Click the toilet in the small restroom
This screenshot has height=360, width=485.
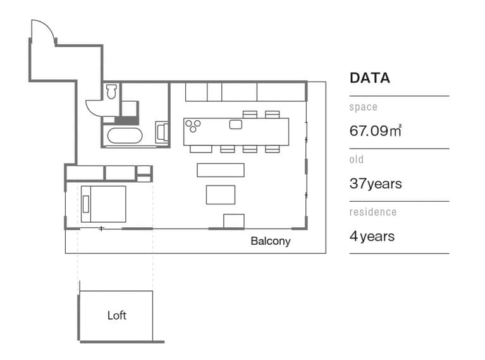tap(111, 91)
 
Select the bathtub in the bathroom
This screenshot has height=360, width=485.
tap(125, 135)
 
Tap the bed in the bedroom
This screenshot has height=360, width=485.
tap(103, 204)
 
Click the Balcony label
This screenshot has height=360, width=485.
tap(271, 241)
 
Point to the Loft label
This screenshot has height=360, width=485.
tap(117, 316)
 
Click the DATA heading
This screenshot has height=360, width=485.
tap(370, 78)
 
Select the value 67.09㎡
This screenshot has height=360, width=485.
tap(376, 130)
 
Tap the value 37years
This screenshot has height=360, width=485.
tap(376, 183)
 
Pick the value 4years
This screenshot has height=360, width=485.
tap(372, 236)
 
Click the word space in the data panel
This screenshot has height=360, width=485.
tap(363, 107)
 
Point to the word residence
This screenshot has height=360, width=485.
tap(373, 212)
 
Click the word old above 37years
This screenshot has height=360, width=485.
tap(357, 159)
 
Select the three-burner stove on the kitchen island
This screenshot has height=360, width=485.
tap(193, 126)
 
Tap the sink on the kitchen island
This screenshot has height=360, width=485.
tap(236, 125)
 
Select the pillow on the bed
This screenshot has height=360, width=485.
tap(86, 204)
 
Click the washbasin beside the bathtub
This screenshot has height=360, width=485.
tap(162, 132)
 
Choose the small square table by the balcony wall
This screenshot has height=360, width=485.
tap(234, 221)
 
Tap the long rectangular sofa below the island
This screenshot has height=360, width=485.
tap(221, 170)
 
